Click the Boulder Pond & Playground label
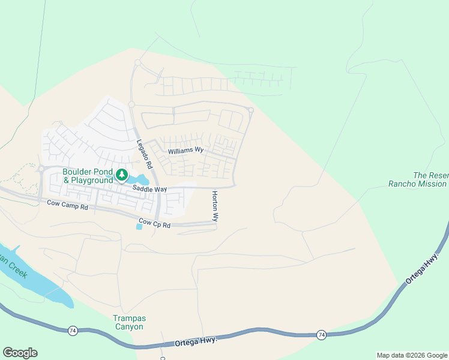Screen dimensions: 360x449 coord(88,176)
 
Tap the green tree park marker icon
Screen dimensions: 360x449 coord(122,175)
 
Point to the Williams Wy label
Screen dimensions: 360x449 coord(186,151)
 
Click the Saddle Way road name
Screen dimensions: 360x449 coord(149,189)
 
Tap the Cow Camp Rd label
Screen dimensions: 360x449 coord(67,205)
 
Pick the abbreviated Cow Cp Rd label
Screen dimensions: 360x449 coord(154,225)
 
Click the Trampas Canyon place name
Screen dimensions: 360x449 coord(128,322)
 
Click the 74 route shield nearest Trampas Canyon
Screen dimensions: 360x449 coord(72,330)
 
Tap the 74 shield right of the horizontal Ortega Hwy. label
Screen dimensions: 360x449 coord(321,334)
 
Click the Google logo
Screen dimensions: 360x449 coord(20,353)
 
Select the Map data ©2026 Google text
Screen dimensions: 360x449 coord(412,355)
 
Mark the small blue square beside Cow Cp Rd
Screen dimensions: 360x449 coord(140,226)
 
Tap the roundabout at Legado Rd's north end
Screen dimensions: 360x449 coord(137,62)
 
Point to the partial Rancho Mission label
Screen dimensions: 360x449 coord(418,184)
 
